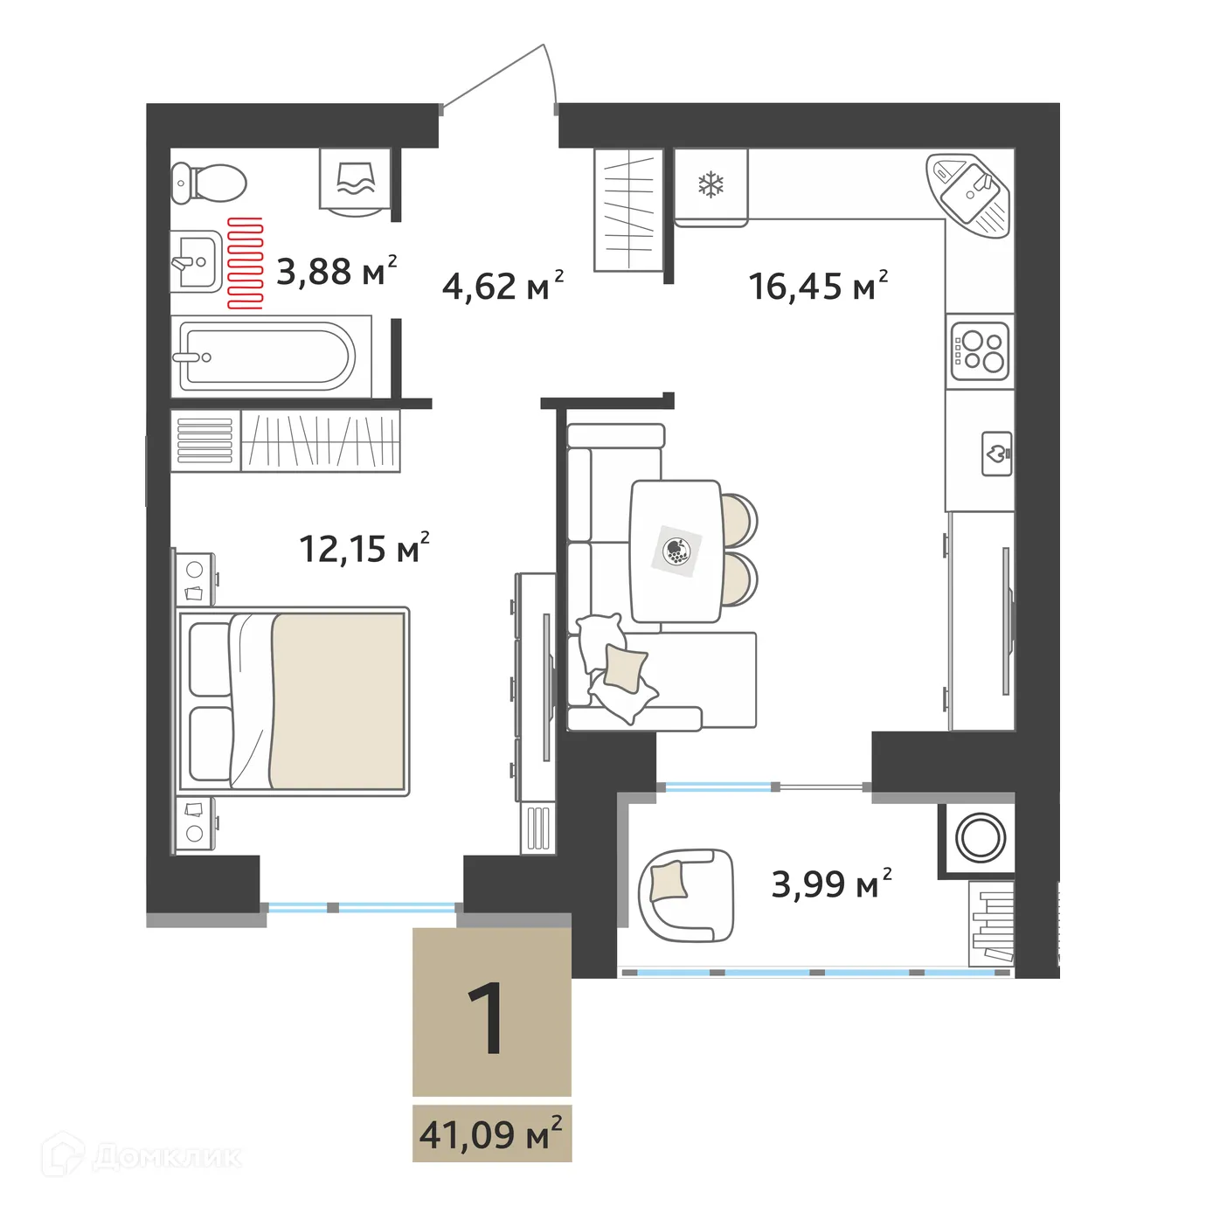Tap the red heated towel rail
click(246, 263)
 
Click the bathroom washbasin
click(195, 261)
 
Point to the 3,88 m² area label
click(336, 272)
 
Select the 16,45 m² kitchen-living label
click(818, 286)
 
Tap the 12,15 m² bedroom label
click(364, 549)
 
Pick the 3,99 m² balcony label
click(831, 884)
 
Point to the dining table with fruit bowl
click(676, 551)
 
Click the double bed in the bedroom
click(294, 701)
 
